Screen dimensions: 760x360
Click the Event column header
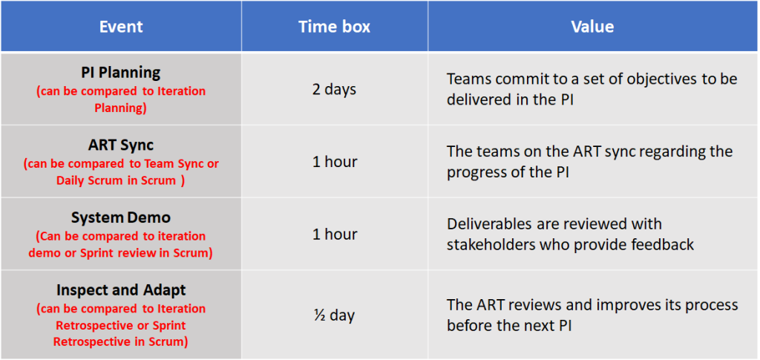(121, 27)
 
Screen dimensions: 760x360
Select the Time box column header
(335, 27)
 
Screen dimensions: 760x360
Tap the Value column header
(592, 27)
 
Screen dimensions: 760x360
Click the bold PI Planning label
(121, 73)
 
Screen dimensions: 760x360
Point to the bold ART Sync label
(121, 145)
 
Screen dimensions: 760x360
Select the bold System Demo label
(121, 217)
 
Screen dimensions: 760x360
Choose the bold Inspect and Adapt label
(121, 290)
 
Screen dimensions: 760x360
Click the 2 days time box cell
(335, 90)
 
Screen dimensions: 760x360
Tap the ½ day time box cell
(335, 315)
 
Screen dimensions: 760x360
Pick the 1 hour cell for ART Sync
(335, 161)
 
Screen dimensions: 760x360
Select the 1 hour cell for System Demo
(335, 234)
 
